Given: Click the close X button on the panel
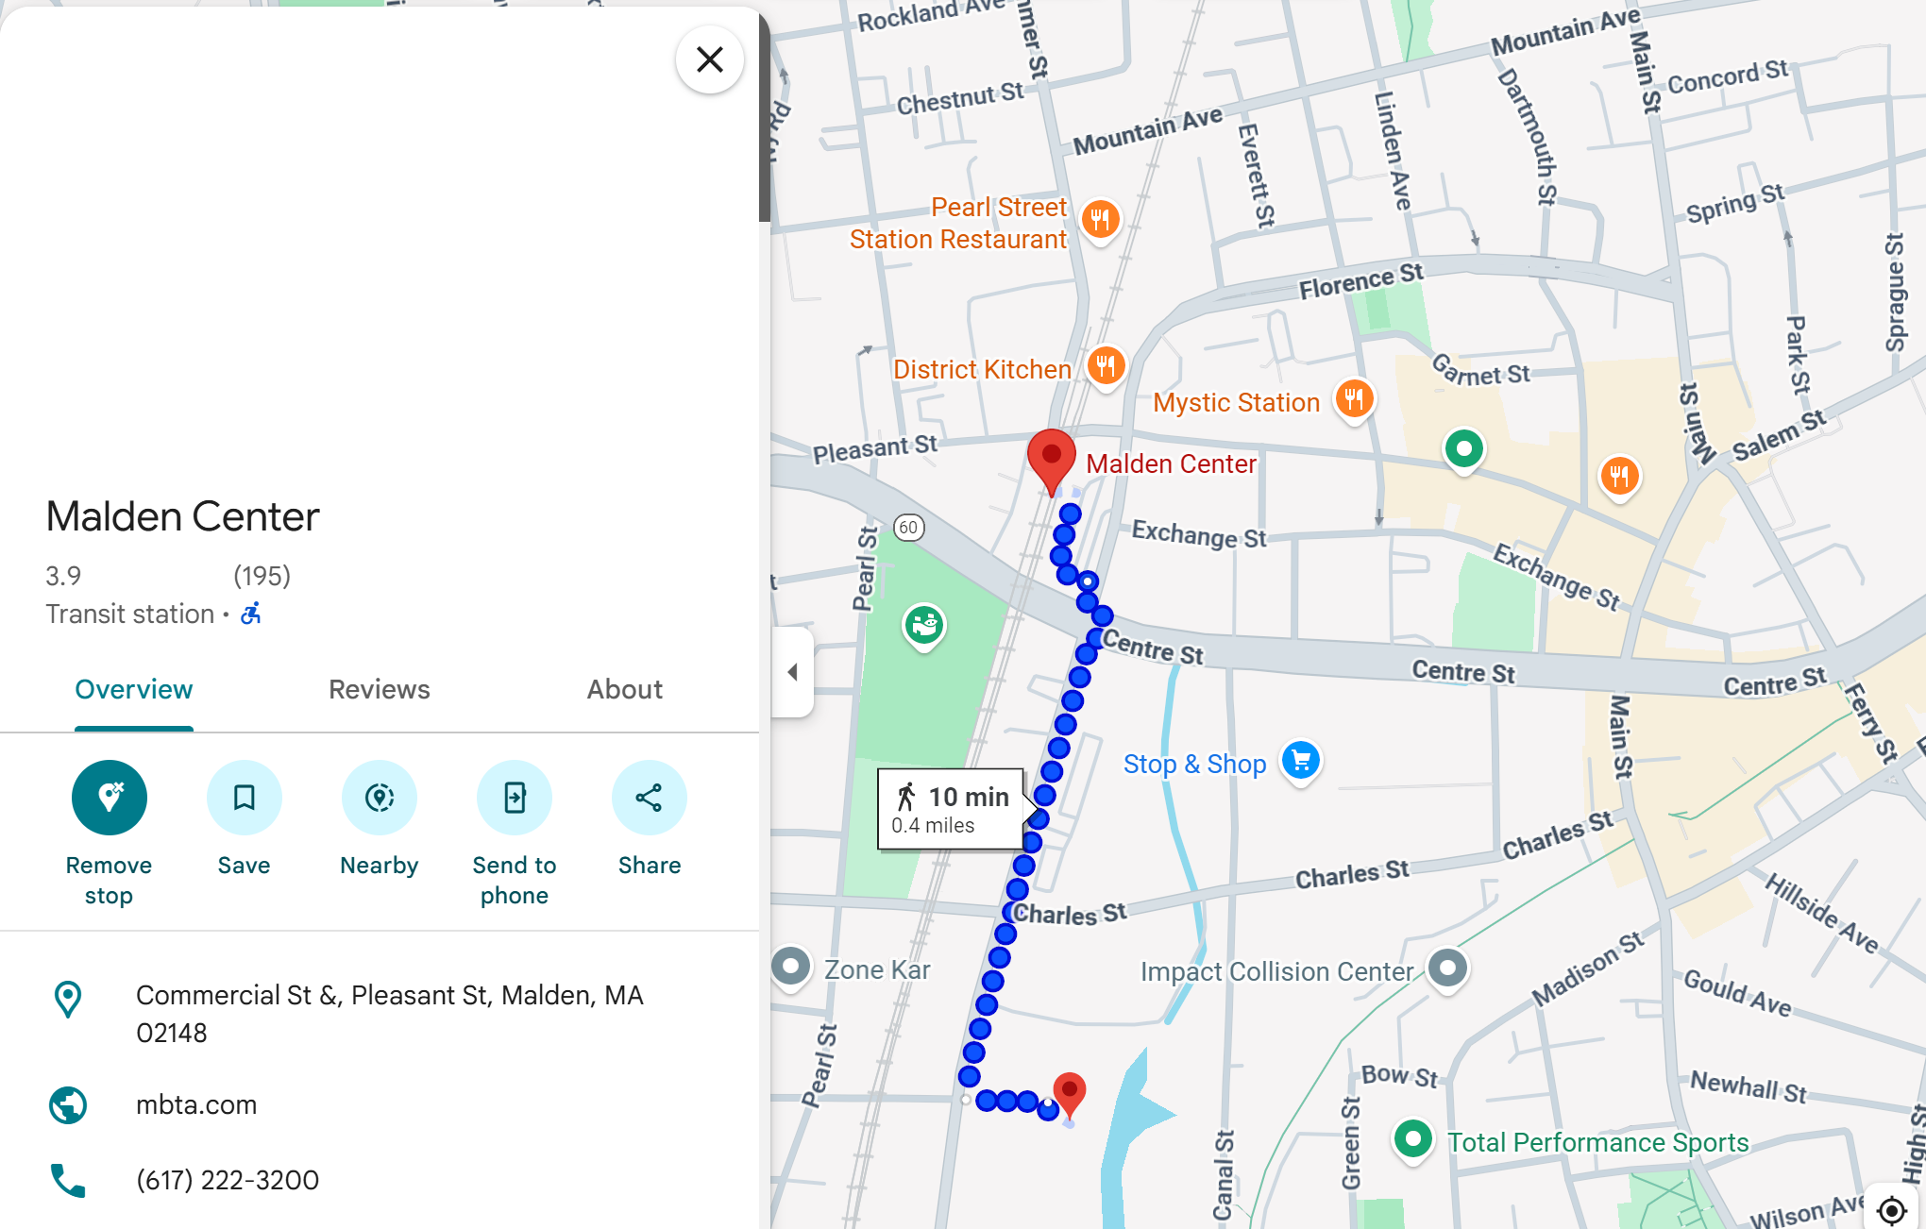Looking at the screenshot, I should pos(709,59).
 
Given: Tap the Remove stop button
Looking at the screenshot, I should pos(110,798).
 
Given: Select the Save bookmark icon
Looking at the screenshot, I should pos(245,798).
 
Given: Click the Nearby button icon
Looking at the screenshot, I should pos(380,798).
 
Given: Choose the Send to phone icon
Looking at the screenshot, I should pos(515,798).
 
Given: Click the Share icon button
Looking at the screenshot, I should pos(649,798).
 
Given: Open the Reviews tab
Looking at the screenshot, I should pos(379,690).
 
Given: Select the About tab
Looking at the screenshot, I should pos(624,690).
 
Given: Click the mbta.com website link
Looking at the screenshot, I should pos(196,1104).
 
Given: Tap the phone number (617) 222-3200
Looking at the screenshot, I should pos(228,1180).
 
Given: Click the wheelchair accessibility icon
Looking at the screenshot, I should pos(251,614).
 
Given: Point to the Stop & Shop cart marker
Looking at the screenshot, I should pos(1301,760).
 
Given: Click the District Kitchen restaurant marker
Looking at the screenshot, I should pos(1106,365).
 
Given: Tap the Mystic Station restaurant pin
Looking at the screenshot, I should pos(1354,398).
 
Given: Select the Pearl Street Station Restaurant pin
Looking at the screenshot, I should pos(1100,220).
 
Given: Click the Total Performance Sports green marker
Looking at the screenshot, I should pos(1413,1138).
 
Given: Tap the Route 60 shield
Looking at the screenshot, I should pos(908,528).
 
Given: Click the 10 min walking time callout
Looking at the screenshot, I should pos(951,810).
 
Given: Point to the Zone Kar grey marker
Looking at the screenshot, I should pos(791,967).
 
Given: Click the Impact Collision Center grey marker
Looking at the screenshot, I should pos(1447,968).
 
